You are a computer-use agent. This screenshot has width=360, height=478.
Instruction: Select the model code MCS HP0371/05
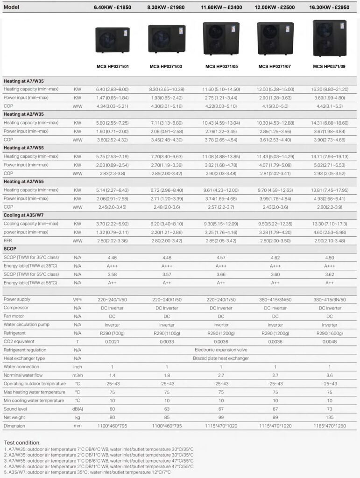click(x=221, y=67)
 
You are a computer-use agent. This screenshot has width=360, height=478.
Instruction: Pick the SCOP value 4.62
click(x=275, y=257)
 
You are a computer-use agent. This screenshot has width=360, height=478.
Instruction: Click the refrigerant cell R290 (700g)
click(x=112, y=333)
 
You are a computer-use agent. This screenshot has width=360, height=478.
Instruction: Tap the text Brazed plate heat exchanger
click(x=220, y=358)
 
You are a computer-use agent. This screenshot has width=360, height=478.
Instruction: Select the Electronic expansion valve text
click(x=220, y=350)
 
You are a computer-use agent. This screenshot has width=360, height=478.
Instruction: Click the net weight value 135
click(x=329, y=418)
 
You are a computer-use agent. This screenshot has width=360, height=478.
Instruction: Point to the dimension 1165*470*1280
click(x=329, y=426)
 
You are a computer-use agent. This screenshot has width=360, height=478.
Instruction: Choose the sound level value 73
click(x=329, y=409)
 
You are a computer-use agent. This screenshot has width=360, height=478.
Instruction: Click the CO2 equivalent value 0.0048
click(x=329, y=341)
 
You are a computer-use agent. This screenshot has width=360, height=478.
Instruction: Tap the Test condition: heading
click(x=22, y=443)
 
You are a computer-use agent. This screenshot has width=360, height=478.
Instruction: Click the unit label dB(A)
click(x=78, y=409)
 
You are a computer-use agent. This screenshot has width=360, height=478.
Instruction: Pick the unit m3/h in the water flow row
click(x=78, y=375)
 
